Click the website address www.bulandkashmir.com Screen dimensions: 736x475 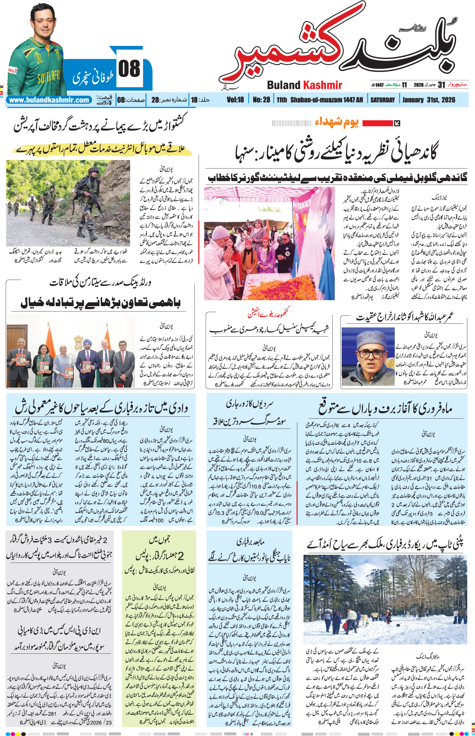click(x=49, y=100)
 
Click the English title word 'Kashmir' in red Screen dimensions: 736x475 click(x=322, y=85)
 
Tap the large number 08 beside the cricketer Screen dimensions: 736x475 click(x=129, y=69)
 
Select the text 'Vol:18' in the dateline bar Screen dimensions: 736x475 click(x=235, y=100)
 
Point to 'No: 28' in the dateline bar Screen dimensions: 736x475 click(x=261, y=100)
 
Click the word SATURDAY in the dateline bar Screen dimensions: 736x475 click(x=382, y=100)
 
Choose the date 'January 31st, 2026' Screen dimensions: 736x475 click(x=429, y=100)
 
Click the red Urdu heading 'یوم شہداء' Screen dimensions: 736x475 click(x=337, y=122)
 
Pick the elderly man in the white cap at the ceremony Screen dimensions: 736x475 click(x=223, y=250)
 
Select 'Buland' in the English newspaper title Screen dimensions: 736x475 click(x=284, y=85)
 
